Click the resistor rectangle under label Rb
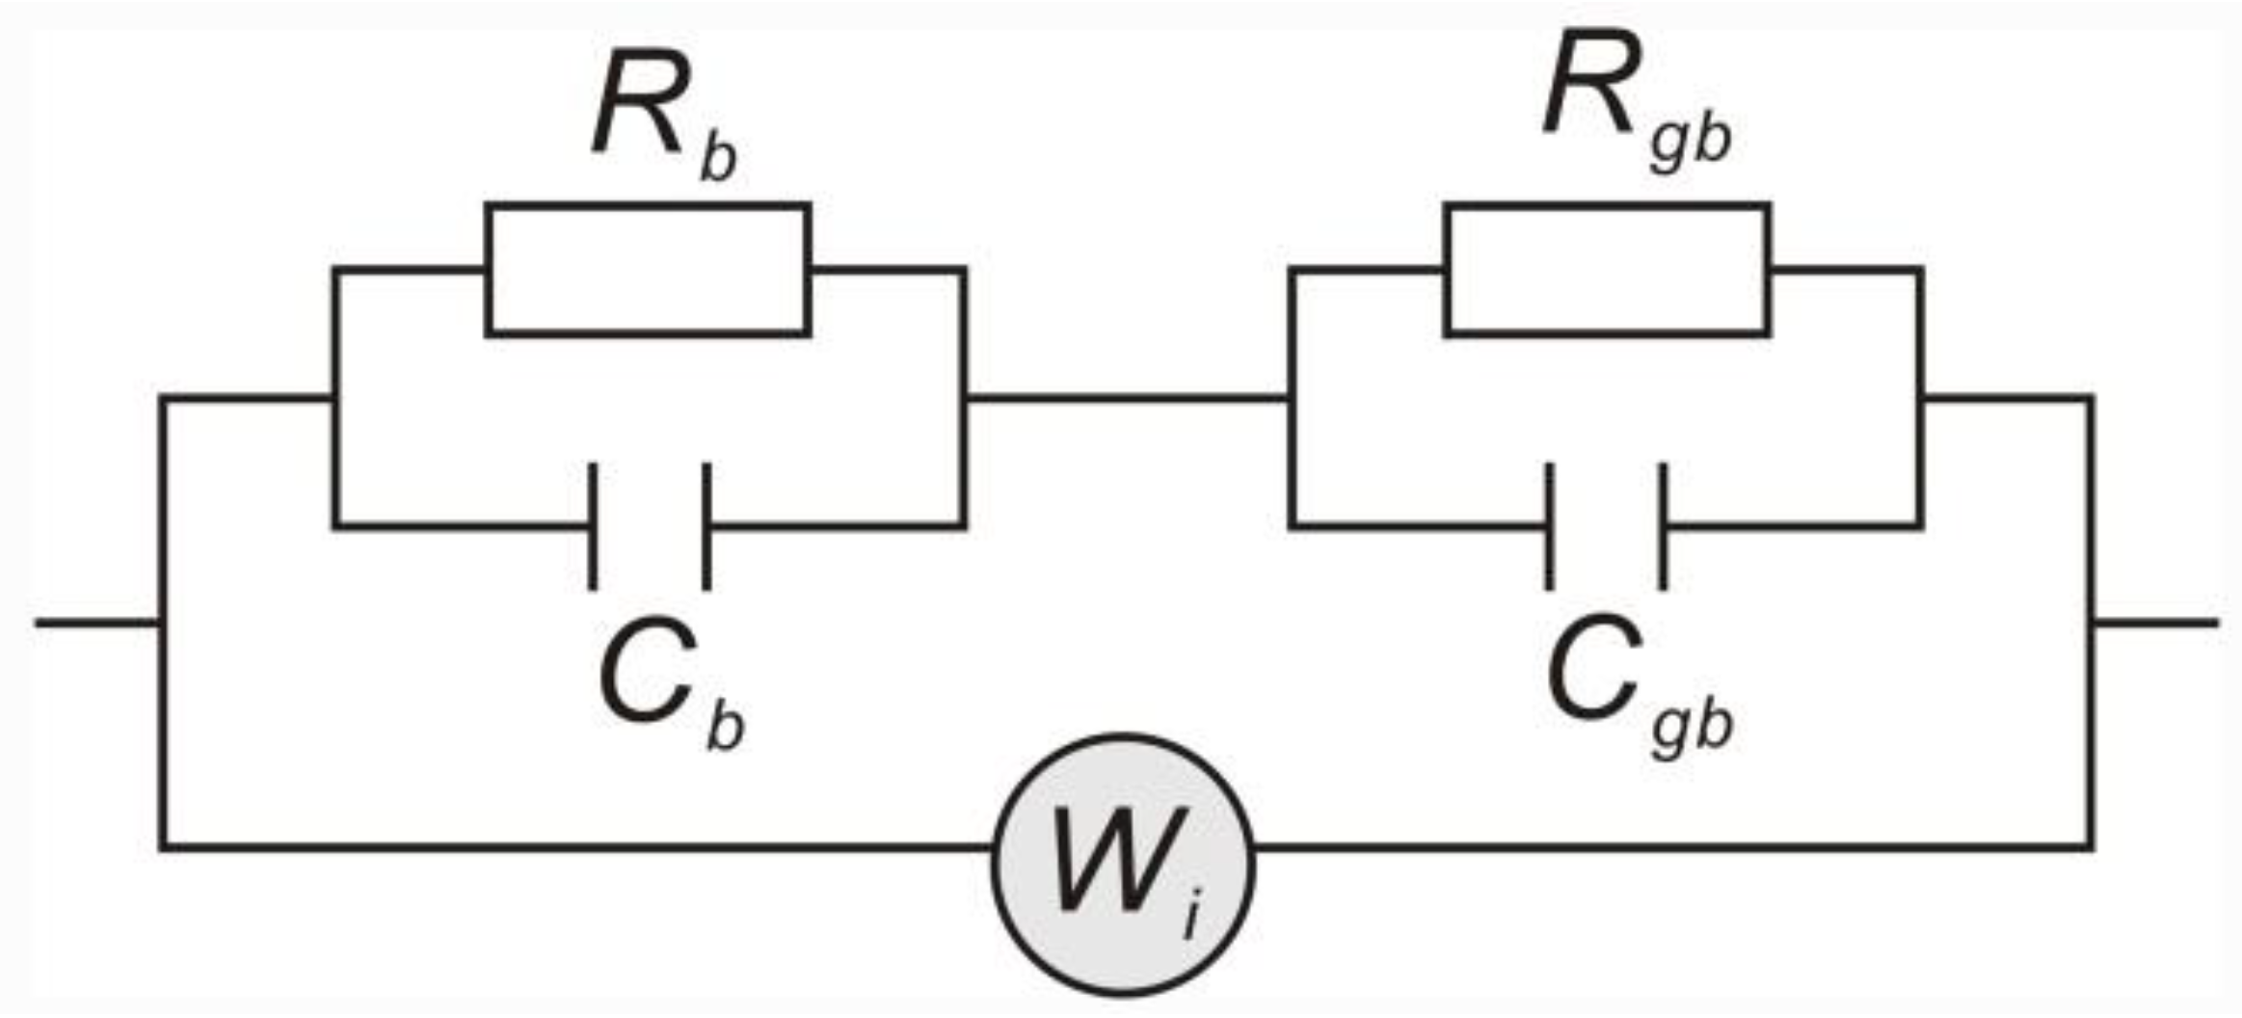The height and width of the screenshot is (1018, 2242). coord(647,269)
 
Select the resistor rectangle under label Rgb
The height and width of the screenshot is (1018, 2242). coord(1607,269)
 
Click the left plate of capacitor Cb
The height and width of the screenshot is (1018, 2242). coord(593,526)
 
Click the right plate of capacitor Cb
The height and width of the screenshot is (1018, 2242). coord(707,526)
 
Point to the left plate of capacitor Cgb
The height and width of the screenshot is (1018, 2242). coord(1549,526)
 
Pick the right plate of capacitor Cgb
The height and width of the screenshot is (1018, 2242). coord(1663,526)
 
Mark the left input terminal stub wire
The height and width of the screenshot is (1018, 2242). coord(96,623)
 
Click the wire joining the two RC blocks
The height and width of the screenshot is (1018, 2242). coord(1126,397)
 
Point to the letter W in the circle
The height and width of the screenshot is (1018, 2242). coord(1108,858)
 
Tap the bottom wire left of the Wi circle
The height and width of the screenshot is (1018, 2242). coord(578,847)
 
